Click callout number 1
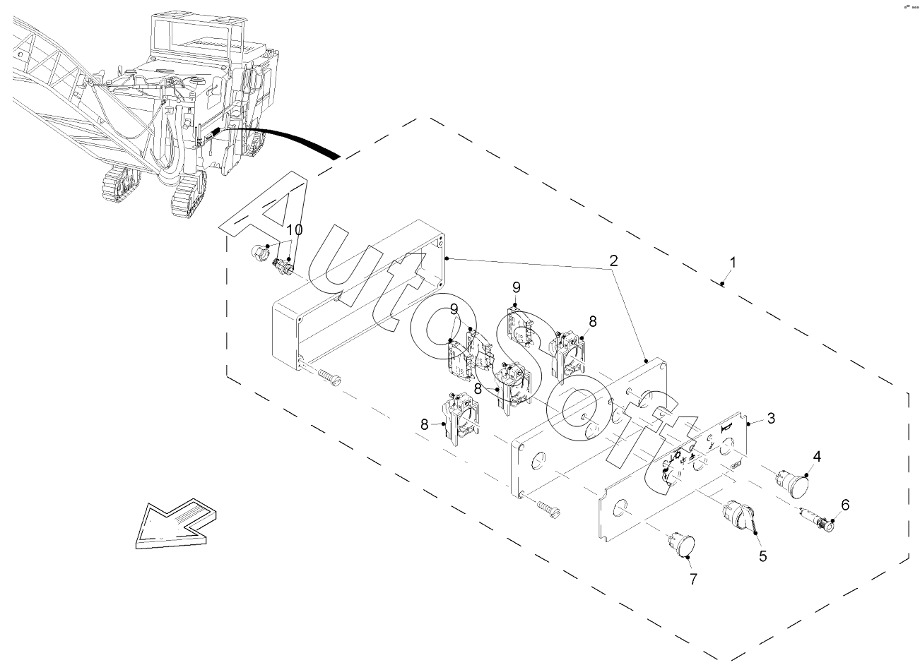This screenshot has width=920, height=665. click(x=733, y=263)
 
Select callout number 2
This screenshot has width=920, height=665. click(x=614, y=260)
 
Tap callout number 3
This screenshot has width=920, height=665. click(x=771, y=418)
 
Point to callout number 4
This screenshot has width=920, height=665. click(x=816, y=457)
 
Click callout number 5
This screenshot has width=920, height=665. click(x=762, y=556)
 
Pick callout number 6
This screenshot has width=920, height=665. click(x=844, y=505)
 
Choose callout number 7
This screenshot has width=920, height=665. click(x=693, y=579)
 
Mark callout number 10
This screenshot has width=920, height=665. click(x=295, y=230)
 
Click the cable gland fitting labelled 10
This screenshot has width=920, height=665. click(x=283, y=266)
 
